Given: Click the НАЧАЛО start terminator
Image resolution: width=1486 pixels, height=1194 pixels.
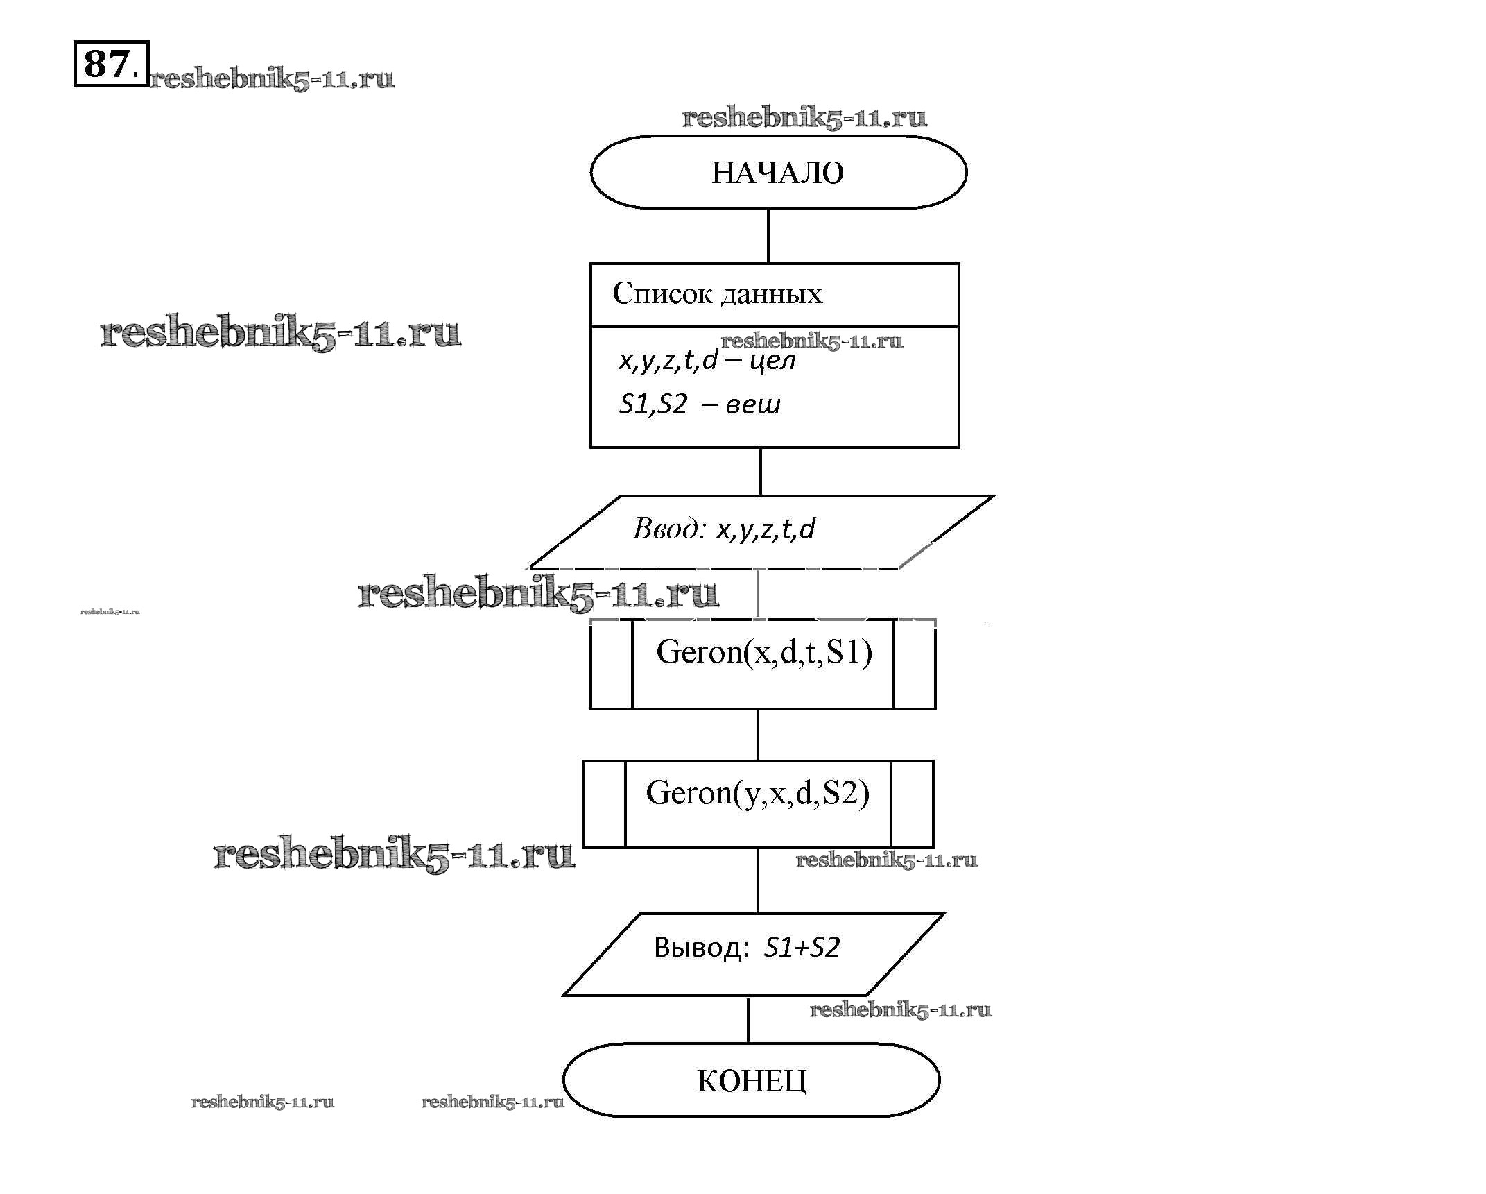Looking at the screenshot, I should point(778,172).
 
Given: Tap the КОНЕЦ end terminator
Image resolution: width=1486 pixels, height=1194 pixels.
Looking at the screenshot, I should point(751,1080).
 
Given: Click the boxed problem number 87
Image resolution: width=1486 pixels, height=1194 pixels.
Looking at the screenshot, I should point(110,64).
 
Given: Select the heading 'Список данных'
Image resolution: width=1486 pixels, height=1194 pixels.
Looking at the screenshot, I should point(717,294).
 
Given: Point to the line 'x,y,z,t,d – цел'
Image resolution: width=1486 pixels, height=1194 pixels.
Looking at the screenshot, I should point(707,361).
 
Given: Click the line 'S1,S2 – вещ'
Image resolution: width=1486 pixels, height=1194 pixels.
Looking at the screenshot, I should point(699,404).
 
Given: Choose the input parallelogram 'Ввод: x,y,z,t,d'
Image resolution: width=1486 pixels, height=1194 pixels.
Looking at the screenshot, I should point(761,531).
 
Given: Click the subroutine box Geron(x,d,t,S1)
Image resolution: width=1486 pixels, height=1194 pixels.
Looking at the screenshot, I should point(763,665).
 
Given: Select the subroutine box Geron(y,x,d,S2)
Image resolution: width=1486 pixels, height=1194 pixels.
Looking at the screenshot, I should point(757,804).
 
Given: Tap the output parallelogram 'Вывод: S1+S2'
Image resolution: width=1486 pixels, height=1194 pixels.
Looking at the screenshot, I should point(753,954).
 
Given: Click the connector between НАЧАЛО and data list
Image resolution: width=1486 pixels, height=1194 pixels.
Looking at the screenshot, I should point(768,236).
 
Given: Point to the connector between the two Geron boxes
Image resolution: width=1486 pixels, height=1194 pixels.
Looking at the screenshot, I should point(757,735).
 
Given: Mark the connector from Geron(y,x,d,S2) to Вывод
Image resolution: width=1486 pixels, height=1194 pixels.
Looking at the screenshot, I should point(757,880).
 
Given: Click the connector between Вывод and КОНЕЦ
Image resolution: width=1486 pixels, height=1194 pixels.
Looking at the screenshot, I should point(748,1020).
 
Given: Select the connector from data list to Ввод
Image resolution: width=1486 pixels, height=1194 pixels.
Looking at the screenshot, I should point(761,472).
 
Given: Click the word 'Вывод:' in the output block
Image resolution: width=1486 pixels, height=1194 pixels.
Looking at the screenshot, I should point(701,948).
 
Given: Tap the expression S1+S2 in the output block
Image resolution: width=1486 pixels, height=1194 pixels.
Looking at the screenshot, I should point(802,948).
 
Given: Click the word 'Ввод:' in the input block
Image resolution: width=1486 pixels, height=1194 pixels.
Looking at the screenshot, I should point(668,529).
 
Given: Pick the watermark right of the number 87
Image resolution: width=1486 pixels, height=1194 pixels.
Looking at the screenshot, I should point(272,79).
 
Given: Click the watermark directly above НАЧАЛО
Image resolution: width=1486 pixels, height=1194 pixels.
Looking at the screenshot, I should point(804,118).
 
